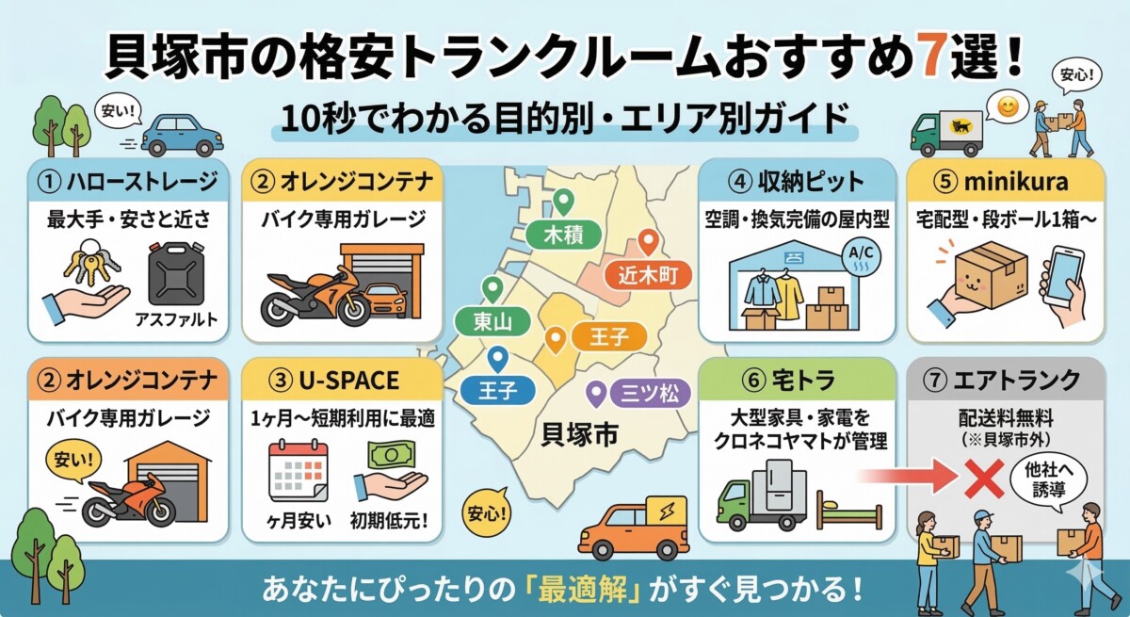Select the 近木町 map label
[648, 275]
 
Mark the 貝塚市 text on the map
[576, 433]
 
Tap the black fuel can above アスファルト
[176, 274]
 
